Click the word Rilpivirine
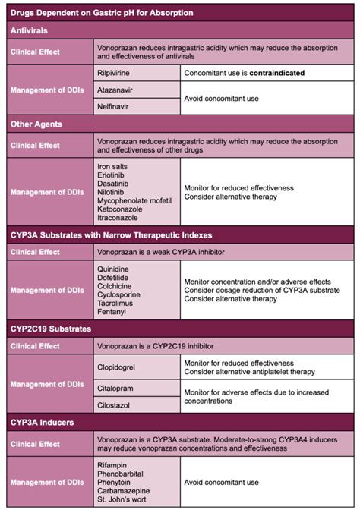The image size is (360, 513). click(x=115, y=73)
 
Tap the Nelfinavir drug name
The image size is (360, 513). click(x=114, y=107)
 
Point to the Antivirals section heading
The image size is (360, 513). click(x=29, y=30)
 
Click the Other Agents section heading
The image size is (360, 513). click(x=34, y=123)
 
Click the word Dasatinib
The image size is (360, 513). click(x=114, y=183)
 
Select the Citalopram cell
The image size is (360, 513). click(x=116, y=388)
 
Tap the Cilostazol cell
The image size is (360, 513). click(x=115, y=405)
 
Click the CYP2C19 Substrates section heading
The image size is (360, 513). click(x=50, y=329)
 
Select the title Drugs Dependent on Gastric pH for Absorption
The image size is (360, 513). click(x=101, y=13)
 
